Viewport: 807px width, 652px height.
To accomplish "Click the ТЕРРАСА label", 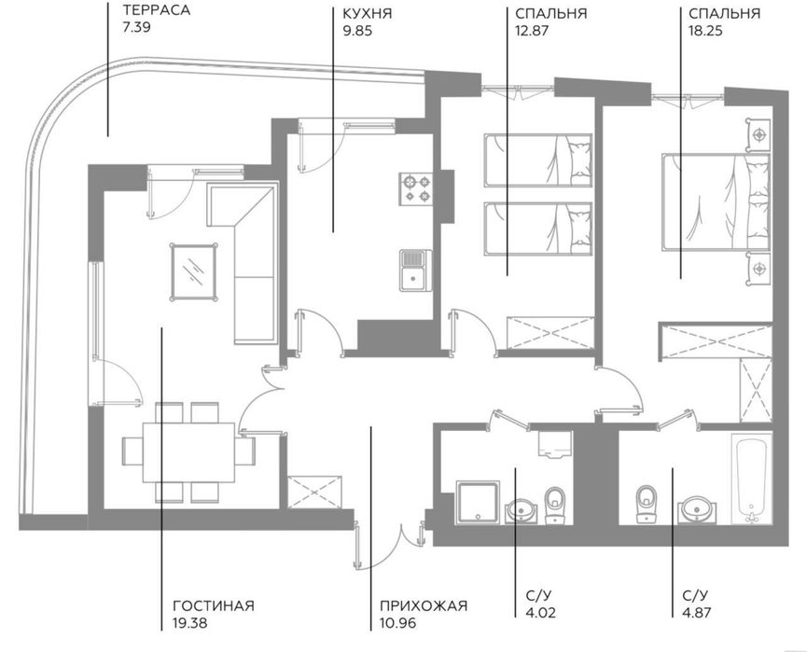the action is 157,10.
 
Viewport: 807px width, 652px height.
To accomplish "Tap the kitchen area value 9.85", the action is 357,31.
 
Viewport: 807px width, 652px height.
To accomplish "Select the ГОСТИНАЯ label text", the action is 214,605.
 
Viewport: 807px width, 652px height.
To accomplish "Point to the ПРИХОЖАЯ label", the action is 424,605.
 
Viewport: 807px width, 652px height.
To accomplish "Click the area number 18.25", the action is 705,31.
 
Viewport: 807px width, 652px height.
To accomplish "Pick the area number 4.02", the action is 541,613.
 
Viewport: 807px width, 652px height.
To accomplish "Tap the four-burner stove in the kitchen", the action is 416,188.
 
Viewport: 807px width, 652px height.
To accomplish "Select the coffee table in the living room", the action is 193,271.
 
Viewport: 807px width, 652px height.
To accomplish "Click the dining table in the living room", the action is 188,452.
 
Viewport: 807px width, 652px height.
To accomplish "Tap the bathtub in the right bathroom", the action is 751,479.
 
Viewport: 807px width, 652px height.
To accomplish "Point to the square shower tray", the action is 477,503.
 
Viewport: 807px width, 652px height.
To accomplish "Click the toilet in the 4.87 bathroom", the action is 647,504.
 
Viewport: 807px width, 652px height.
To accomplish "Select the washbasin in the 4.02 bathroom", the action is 522,510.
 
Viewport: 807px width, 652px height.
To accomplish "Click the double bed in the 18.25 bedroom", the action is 716,202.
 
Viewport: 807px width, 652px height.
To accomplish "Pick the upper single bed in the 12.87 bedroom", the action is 537,160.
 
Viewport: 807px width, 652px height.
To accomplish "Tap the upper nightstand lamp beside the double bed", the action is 758,135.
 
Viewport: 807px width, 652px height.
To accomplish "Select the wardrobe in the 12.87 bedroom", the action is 550,333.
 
